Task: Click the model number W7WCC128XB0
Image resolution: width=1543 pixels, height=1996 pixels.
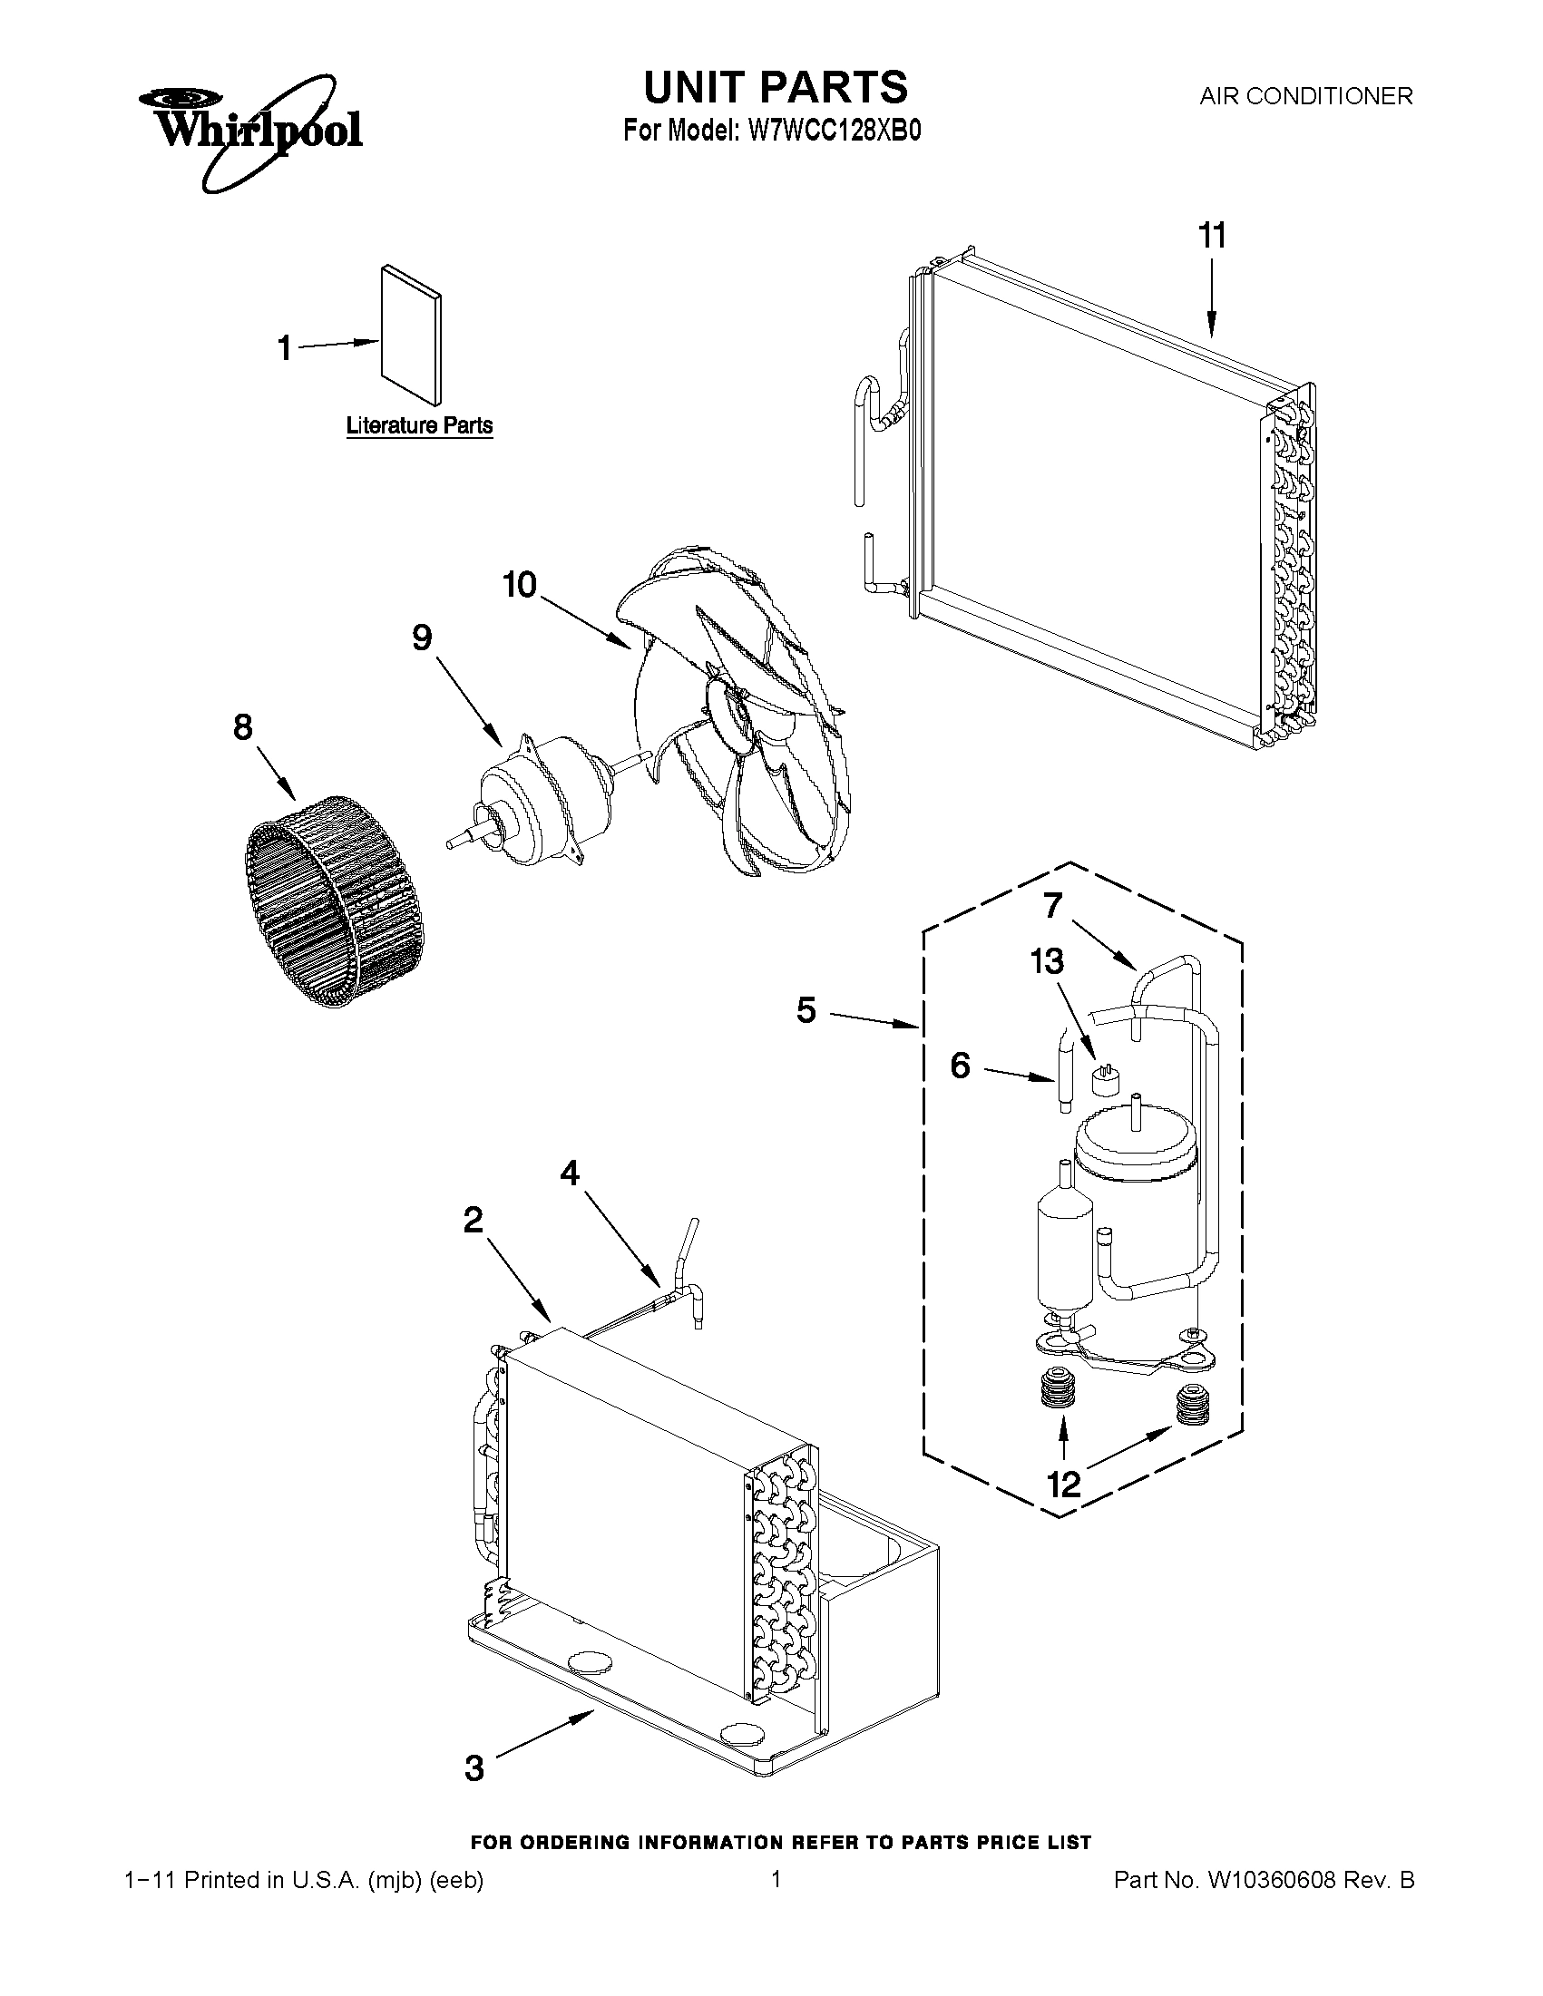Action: [x=834, y=131]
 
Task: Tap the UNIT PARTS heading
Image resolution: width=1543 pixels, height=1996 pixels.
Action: [x=776, y=87]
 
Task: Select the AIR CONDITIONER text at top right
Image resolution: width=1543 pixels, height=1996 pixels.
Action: [x=1305, y=96]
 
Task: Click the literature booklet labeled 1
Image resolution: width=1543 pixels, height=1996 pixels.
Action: [x=411, y=335]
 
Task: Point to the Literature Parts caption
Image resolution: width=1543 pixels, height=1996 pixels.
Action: [x=420, y=426]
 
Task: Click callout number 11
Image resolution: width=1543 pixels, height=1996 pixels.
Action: [x=1211, y=236]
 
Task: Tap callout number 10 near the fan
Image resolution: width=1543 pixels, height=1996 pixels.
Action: [x=520, y=584]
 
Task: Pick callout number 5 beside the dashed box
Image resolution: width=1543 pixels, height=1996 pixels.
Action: [x=806, y=1011]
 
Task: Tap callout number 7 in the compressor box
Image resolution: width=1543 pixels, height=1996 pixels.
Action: [x=1052, y=905]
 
